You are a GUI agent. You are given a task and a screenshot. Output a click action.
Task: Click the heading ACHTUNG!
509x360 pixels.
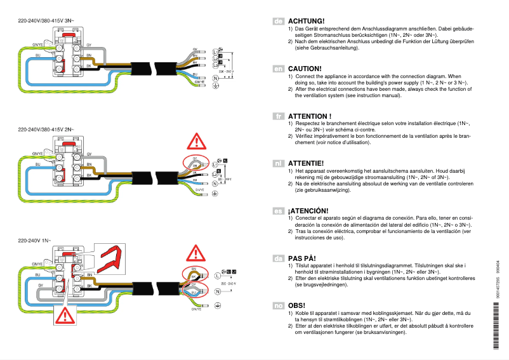click(x=306, y=21)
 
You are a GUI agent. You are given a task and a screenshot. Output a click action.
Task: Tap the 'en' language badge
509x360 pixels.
click(x=278, y=68)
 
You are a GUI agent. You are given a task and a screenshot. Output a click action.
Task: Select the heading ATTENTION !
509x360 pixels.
click(x=310, y=116)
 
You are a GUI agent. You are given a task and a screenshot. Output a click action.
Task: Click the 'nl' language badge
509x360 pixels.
click(x=278, y=164)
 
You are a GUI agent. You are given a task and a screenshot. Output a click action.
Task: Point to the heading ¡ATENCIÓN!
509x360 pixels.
click(x=312, y=211)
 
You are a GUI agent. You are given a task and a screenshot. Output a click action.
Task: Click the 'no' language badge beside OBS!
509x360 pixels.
click(x=278, y=305)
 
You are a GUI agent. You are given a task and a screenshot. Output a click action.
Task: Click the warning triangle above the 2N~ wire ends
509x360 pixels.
click(x=196, y=140)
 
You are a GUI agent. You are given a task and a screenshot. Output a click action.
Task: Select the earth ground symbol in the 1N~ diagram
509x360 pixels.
click(x=218, y=306)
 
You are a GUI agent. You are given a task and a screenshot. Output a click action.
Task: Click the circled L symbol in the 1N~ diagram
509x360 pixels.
click(x=218, y=276)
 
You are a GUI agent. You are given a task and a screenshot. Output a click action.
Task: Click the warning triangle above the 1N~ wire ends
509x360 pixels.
click(x=196, y=253)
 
